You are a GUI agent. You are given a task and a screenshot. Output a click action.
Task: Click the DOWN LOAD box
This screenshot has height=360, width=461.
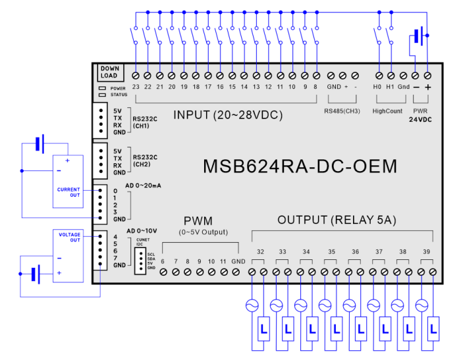click(109, 72)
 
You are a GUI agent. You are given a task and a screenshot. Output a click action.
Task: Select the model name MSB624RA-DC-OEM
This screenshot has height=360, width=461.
click(300, 167)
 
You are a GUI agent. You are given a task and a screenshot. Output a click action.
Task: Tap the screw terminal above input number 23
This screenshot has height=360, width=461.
click(135, 75)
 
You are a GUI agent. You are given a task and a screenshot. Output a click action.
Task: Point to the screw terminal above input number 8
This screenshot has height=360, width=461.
click(317, 75)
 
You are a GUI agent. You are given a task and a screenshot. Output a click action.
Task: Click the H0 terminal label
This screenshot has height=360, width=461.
click(377, 87)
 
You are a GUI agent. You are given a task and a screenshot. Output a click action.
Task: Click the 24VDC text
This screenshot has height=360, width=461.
click(420, 120)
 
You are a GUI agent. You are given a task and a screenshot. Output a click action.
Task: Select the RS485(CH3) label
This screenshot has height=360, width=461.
click(342, 111)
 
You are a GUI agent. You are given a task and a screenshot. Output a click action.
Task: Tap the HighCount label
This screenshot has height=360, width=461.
click(387, 111)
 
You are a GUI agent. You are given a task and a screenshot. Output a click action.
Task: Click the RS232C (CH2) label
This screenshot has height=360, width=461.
click(146, 161)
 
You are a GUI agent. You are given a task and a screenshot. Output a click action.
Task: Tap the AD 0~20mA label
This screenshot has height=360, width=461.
click(144, 186)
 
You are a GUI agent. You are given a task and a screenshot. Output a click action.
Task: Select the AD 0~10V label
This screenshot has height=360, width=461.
click(140, 230)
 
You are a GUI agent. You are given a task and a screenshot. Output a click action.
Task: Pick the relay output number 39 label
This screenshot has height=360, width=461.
click(426, 252)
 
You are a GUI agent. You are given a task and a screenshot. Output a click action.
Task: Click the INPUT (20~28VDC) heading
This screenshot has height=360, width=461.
click(228, 115)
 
